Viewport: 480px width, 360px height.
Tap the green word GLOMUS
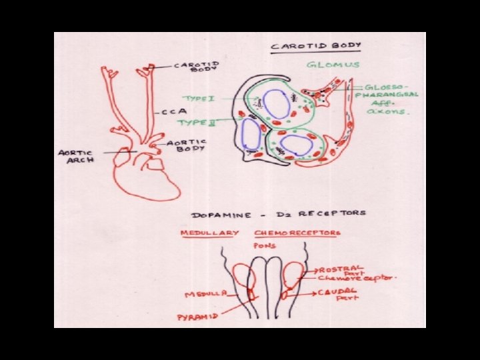(x=333, y=65)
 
